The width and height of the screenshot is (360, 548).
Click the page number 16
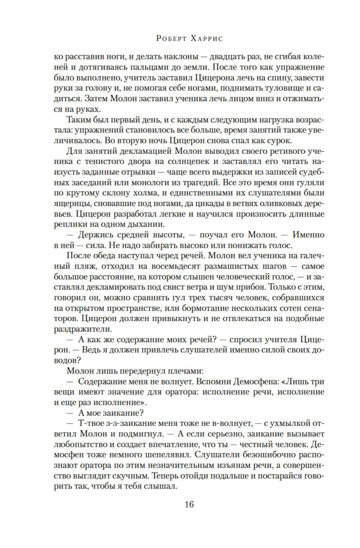pyautogui.click(x=189, y=505)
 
